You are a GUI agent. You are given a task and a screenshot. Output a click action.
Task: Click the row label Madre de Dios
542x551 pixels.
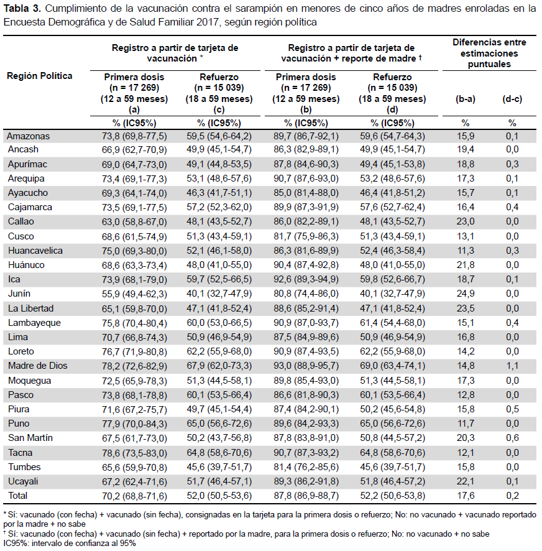[x=37, y=366]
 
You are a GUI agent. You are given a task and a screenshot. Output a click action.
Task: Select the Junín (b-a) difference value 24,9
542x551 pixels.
[x=466, y=294]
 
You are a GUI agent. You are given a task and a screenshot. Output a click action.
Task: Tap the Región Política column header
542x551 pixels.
[x=39, y=76]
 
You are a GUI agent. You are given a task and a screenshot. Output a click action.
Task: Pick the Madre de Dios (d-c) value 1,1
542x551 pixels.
[x=512, y=366]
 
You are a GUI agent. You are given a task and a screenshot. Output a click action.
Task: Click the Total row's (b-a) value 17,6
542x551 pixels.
[x=466, y=496]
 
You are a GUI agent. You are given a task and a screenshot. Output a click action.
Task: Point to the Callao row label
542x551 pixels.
[x=21, y=221]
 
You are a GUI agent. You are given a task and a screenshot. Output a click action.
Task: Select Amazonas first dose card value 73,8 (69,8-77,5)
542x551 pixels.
[x=134, y=136]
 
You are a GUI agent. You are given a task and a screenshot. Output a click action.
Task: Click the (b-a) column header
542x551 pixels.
[x=465, y=99]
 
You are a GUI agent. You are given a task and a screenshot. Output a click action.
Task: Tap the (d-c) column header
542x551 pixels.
[x=512, y=99]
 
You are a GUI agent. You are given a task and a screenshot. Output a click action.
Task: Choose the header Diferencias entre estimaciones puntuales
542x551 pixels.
[x=489, y=53]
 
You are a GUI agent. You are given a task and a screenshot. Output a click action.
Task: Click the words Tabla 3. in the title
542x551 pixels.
[x=22, y=9]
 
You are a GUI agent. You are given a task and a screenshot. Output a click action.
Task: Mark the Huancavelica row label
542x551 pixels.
[x=35, y=251]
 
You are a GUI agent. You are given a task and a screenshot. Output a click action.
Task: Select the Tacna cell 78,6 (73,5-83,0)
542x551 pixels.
[x=134, y=453]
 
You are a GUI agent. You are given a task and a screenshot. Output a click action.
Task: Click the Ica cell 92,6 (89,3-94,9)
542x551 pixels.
[x=306, y=279]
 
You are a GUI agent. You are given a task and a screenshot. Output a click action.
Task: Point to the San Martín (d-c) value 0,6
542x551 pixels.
[x=512, y=438]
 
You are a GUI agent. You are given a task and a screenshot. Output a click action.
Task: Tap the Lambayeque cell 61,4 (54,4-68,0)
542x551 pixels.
[x=392, y=323]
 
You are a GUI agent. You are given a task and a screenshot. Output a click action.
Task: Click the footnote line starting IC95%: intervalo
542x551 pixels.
[x=70, y=544]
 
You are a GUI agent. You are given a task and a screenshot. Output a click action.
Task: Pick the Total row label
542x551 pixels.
[x=17, y=496]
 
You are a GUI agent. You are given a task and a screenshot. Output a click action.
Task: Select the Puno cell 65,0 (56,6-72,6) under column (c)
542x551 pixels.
[x=219, y=424]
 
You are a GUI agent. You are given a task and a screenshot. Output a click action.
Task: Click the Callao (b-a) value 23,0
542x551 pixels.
[x=466, y=221]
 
